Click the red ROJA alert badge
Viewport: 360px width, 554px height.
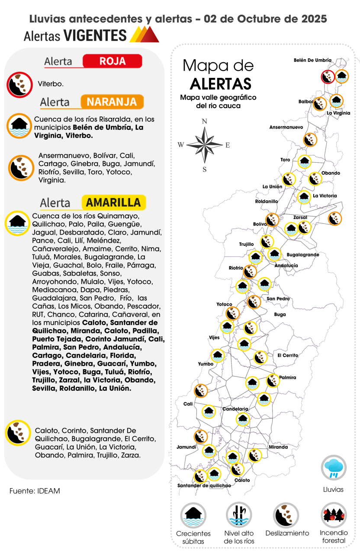tap(112, 61)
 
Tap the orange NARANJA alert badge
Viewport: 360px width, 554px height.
tap(112, 102)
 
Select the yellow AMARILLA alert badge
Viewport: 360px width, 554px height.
tap(113, 203)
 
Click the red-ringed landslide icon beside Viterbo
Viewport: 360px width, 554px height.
tap(19, 84)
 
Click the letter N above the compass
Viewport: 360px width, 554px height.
tap(204, 121)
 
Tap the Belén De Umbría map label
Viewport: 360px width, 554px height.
tap(312, 60)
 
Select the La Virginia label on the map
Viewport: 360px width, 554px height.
tap(338, 113)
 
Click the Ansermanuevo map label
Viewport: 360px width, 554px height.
tap(286, 127)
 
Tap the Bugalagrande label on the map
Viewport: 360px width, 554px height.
tap(303, 255)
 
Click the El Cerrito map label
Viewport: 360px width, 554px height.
tap(288, 355)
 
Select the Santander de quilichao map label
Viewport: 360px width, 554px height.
tap(204, 485)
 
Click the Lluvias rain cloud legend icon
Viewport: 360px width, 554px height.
tap(333, 468)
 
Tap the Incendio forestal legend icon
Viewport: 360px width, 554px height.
tap(334, 515)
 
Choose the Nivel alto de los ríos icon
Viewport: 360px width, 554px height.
tap(239, 515)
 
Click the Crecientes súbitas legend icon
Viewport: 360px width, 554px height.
tap(193, 515)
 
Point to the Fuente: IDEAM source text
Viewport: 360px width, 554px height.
tap(35, 491)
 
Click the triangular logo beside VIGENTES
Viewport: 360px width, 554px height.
tap(145, 34)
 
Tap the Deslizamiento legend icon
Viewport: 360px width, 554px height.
tap(286, 515)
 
